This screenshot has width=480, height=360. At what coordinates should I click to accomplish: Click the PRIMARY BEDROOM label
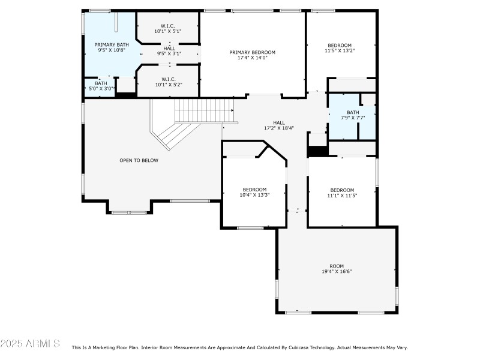click(252, 52)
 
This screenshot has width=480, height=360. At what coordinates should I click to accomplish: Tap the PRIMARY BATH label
click(111, 45)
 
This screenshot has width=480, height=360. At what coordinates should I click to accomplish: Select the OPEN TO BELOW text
click(139, 160)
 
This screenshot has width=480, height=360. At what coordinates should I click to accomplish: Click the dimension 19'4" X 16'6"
click(337, 272)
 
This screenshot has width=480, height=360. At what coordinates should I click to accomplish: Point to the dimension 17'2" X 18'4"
click(279, 128)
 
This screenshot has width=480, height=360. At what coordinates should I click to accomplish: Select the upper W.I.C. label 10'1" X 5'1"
click(167, 31)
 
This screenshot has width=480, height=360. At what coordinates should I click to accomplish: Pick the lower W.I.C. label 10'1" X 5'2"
click(167, 85)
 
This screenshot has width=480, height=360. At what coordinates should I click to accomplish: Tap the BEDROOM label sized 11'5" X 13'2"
click(339, 45)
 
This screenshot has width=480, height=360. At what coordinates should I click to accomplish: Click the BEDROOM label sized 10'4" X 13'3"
click(254, 189)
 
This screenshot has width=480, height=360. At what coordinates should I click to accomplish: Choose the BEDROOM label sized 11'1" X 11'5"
click(342, 190)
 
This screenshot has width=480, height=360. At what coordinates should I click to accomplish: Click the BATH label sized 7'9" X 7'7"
click(353, 112)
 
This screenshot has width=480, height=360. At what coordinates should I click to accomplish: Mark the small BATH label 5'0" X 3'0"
click(101, 83)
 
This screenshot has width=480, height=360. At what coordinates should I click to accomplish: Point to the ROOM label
click(337, 266)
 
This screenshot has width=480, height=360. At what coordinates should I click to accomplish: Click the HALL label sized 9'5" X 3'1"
click(169, 48)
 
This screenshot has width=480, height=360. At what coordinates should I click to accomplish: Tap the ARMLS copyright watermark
click(30, 344)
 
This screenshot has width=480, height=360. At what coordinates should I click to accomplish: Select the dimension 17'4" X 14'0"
click(252, 58)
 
